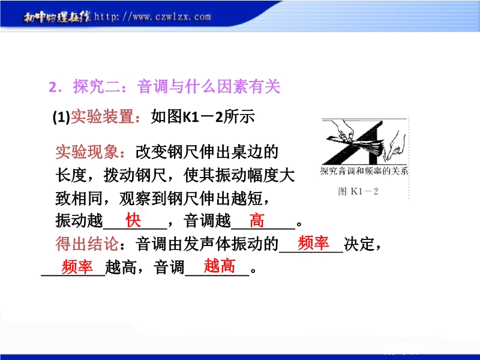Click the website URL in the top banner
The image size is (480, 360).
tap(152, 17)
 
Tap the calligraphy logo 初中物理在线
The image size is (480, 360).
tap(57, 17)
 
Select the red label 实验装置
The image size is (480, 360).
tap(103, 116)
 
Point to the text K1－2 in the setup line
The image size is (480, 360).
tap(203, 117)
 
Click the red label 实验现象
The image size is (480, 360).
tap(87, 152)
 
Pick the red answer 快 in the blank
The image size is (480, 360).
tap(133, 220)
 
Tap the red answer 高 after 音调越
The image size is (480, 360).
tap(257, 220)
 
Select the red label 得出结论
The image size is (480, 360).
tap(87, 244)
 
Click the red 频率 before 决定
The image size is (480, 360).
tap(313, 243)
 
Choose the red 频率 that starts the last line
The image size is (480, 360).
tap(77, 266)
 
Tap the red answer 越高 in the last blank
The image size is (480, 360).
tap(220, 266)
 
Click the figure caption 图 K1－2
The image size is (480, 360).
tap(358, 191)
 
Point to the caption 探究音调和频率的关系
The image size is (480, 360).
tap(364, 171)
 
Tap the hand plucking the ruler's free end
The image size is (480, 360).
tap(394, 147)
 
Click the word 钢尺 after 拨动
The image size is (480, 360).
tap(151, 175)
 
